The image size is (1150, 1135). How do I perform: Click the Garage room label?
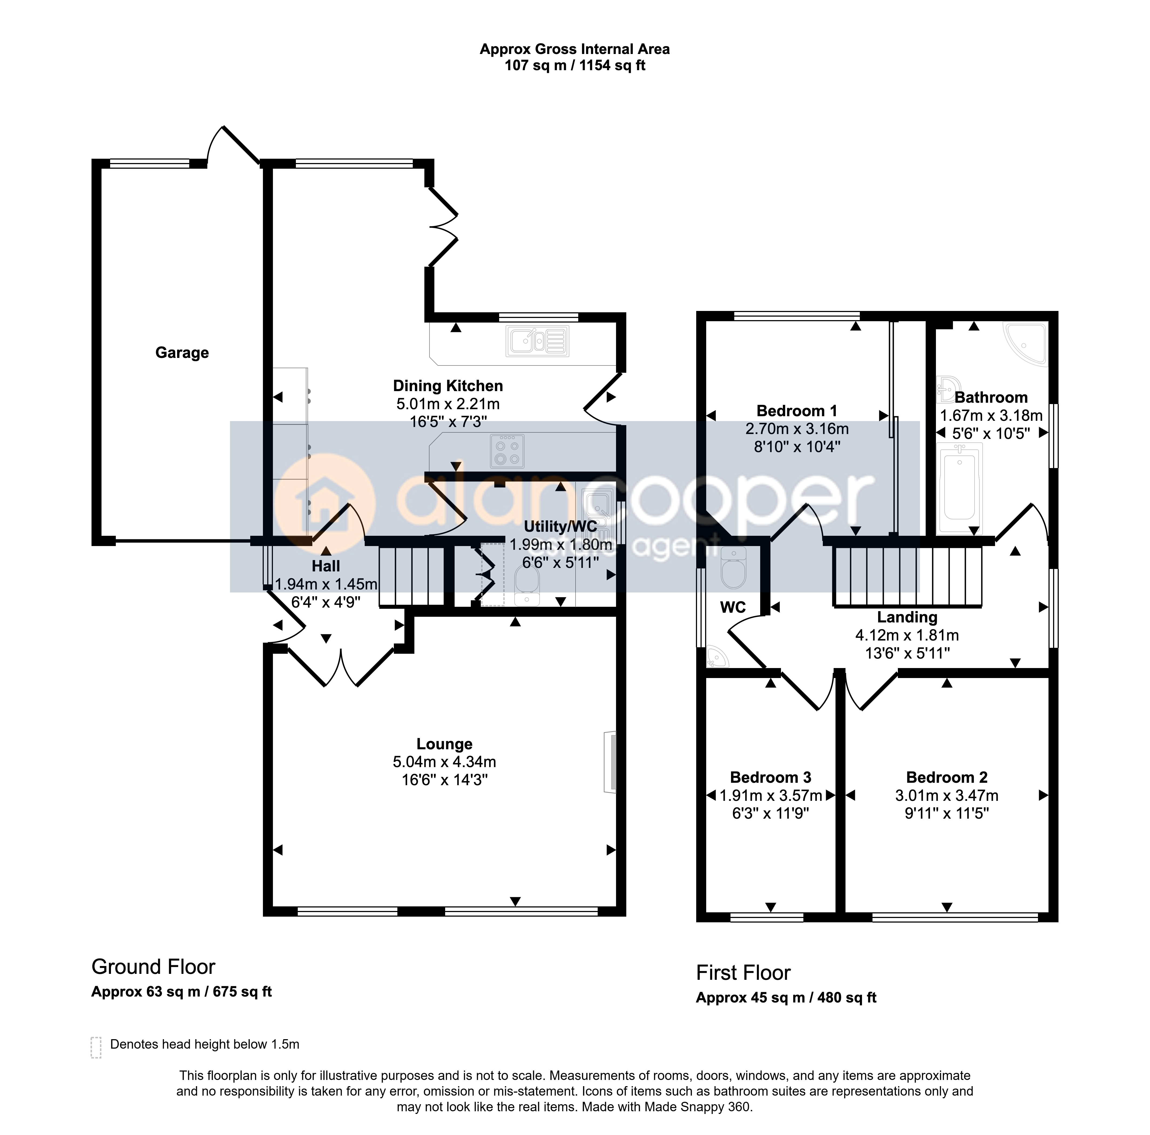182,353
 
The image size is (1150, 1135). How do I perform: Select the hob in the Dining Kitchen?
507,450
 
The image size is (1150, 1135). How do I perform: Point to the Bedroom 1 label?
797,411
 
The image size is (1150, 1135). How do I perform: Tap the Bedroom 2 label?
947,777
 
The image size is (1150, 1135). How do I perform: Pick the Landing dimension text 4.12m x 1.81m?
907,635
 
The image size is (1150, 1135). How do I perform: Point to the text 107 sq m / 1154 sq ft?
575,66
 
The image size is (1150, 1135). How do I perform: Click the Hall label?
326,566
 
